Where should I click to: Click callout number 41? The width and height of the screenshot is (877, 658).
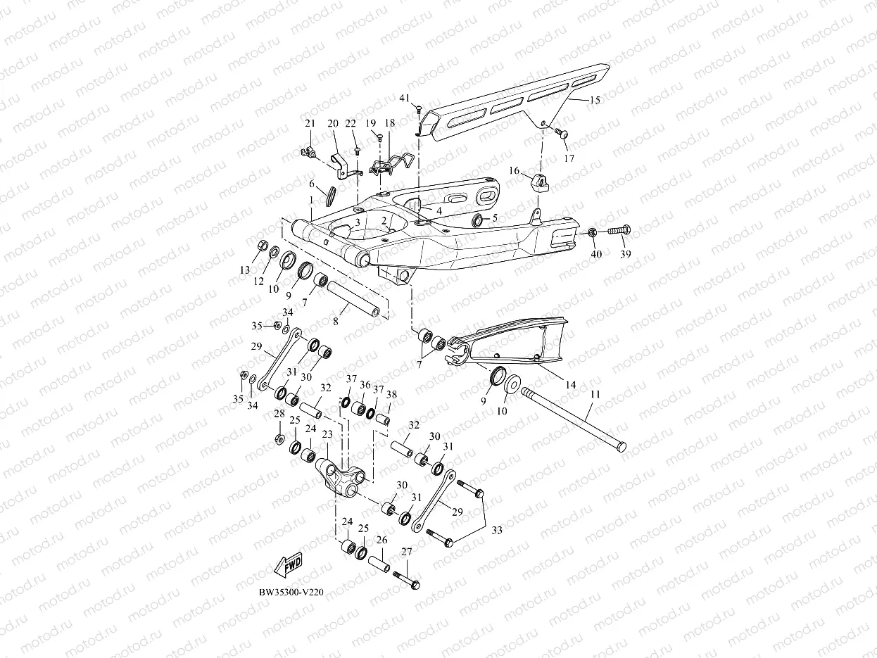(404, 97)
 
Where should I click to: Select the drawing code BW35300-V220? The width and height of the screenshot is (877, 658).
(291, 592)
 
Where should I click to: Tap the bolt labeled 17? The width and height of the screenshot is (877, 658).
(562, 133)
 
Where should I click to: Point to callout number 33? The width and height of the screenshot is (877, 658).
(497, 530)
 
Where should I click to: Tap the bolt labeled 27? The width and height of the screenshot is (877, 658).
(406, 580)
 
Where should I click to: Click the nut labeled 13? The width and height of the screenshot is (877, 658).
(260, 246)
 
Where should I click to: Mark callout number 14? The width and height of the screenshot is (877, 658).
(570, 385)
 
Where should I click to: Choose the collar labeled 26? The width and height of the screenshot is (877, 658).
(379, 564)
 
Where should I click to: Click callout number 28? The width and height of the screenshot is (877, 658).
(279, 413)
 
